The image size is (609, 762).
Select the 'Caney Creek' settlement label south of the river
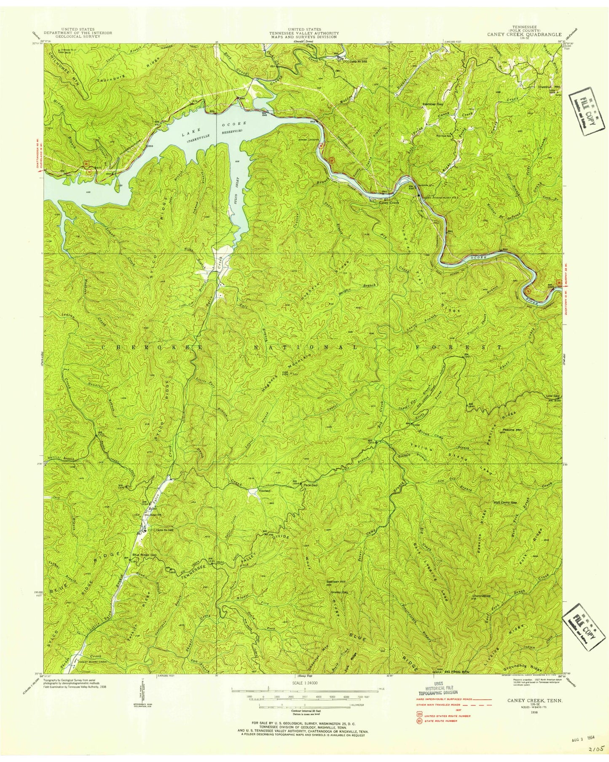click(x=389, y=203)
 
